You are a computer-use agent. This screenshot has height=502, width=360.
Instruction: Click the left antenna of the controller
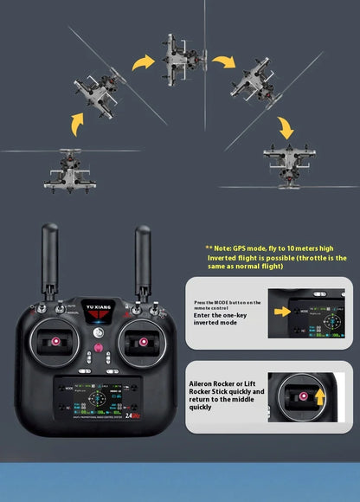pos(50,259)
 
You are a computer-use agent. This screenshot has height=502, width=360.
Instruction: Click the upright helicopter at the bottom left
pos(66,170)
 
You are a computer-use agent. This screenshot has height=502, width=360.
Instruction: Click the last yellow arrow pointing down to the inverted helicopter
pos(286,127)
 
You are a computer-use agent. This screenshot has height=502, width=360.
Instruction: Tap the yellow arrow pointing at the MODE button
pos(282,310)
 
